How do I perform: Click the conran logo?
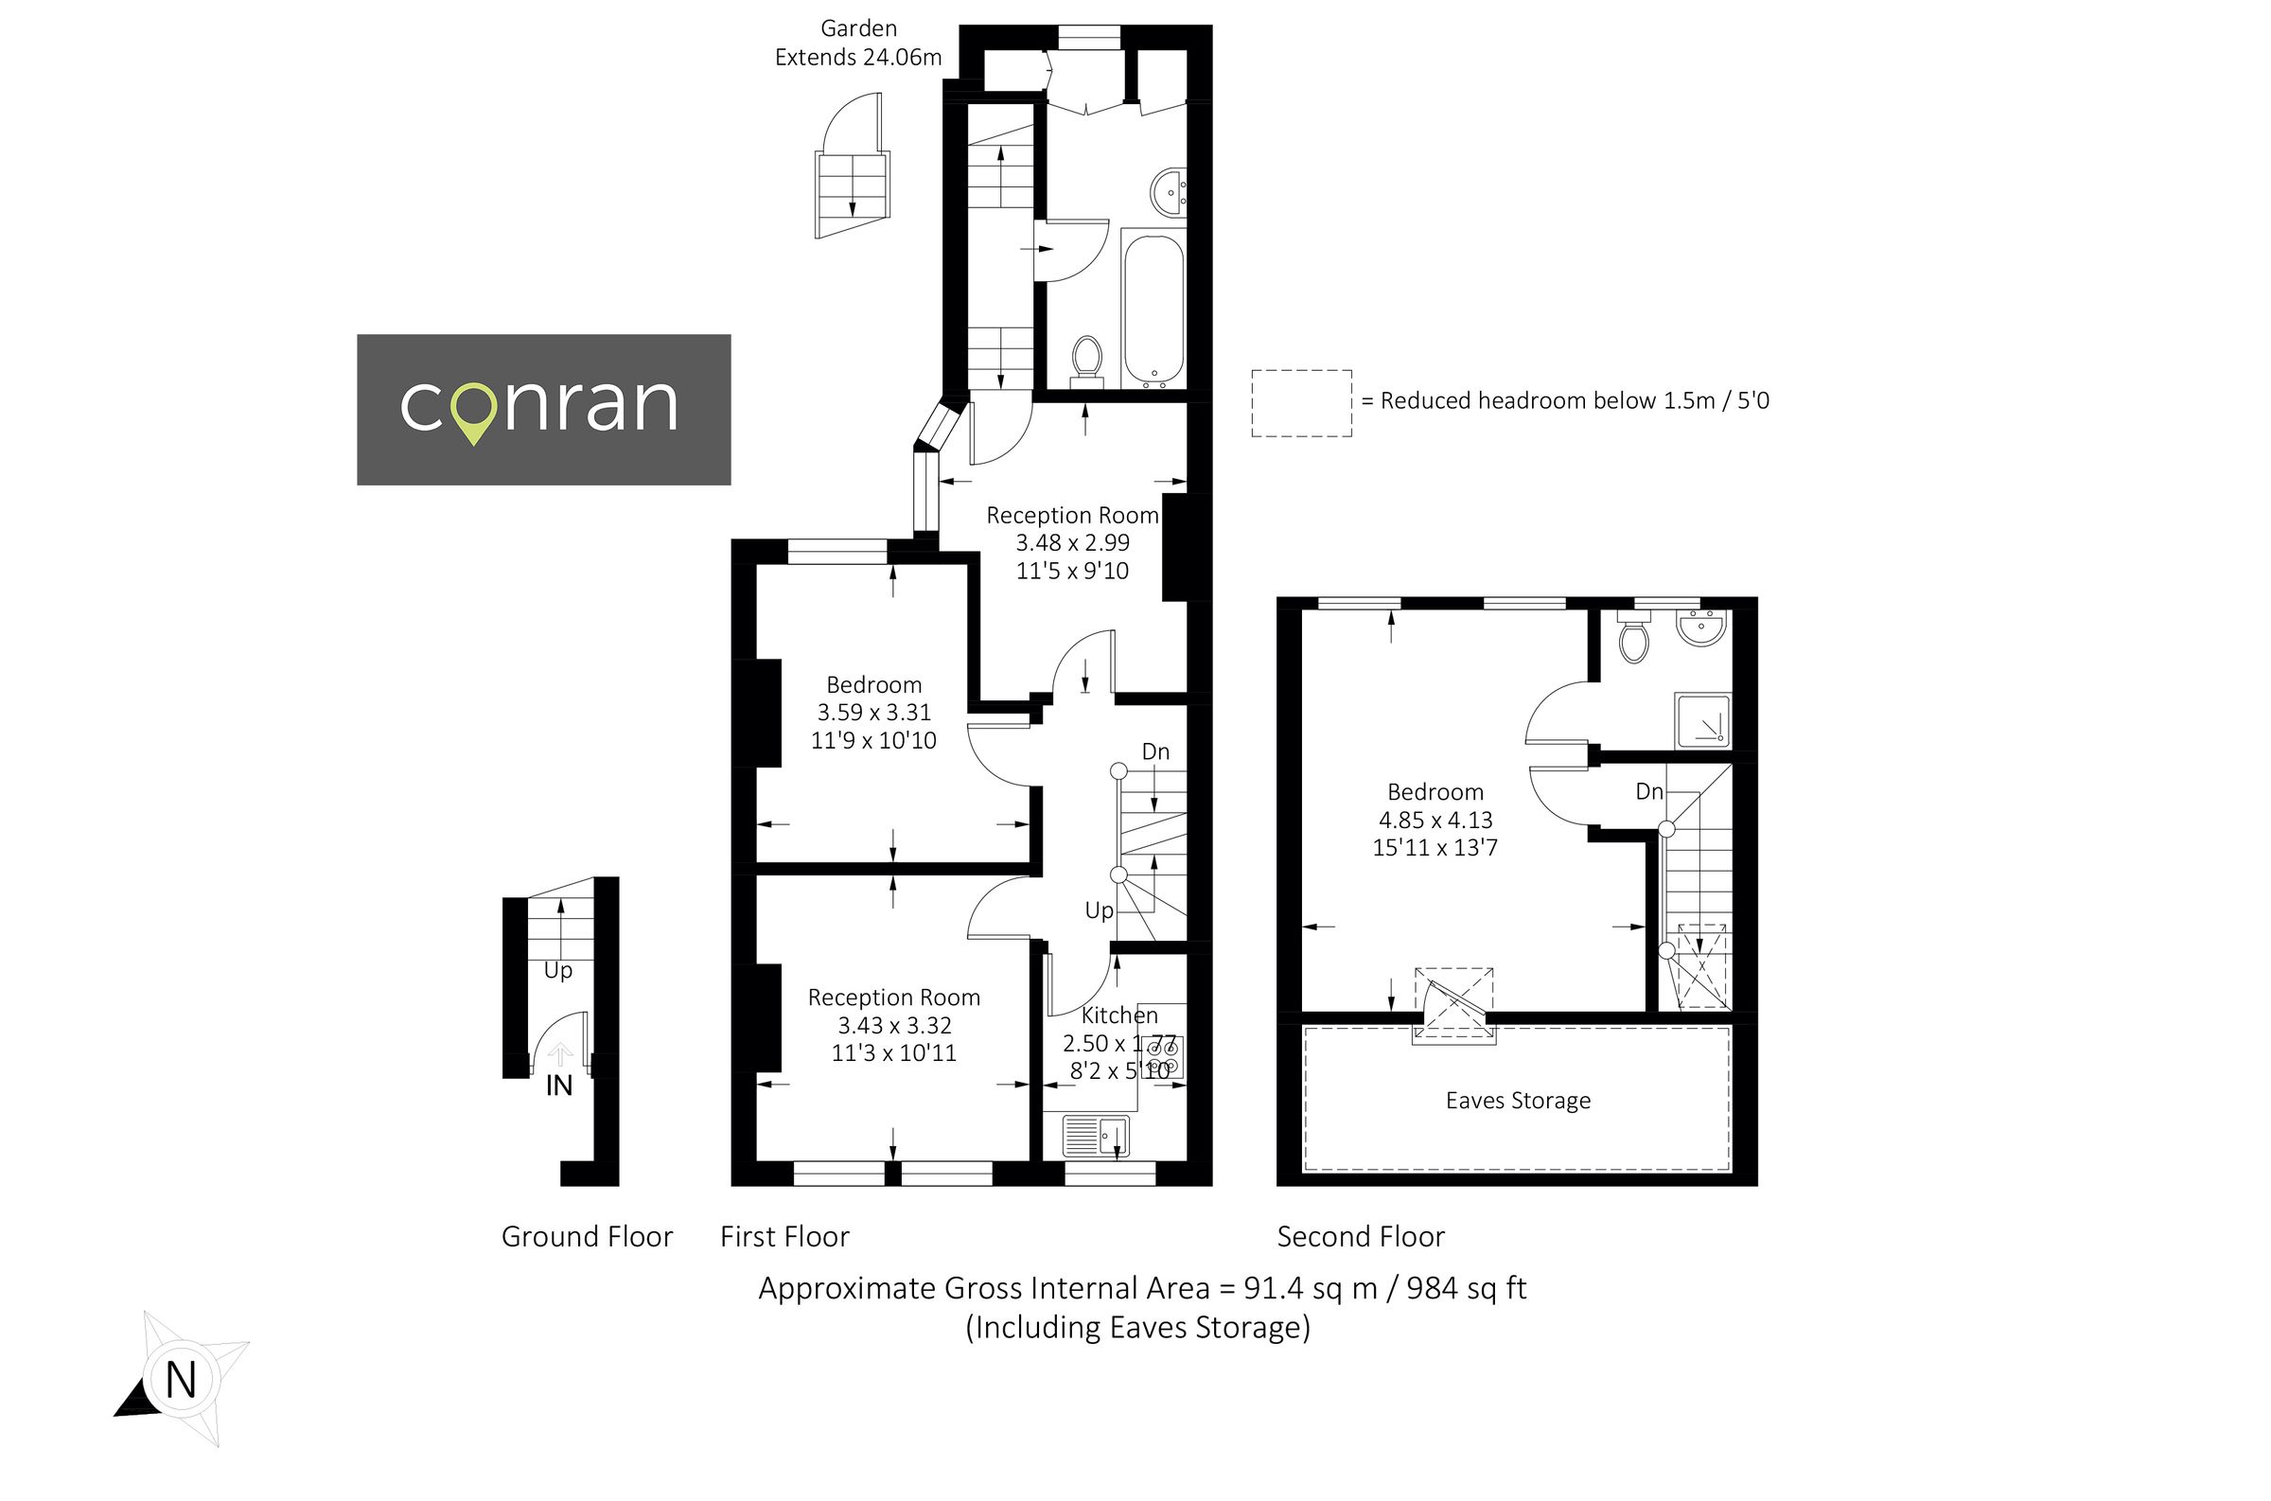pos(542,409)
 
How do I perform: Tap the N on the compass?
pos(181,1380)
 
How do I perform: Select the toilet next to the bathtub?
pos(1087,359)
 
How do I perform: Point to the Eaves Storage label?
pos(1518,1101)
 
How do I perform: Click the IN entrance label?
pos(559,1086)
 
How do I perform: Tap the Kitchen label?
pos(1118,1015)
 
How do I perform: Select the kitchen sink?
pos(1097,1138)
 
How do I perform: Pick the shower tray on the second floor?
pos(1701,720)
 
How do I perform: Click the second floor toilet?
pos(1633,639)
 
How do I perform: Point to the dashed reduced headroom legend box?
pos(1301,403)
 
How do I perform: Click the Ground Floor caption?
pos(587,1237)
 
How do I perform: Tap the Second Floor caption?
pos(1360,1237)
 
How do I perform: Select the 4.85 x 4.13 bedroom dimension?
pos(1435,821)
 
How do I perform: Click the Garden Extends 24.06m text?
pos(857,44)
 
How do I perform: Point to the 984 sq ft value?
pos(1465,1288)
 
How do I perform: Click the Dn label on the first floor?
pos(1155,751)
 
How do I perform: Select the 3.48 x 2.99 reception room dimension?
pos(1072,543)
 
